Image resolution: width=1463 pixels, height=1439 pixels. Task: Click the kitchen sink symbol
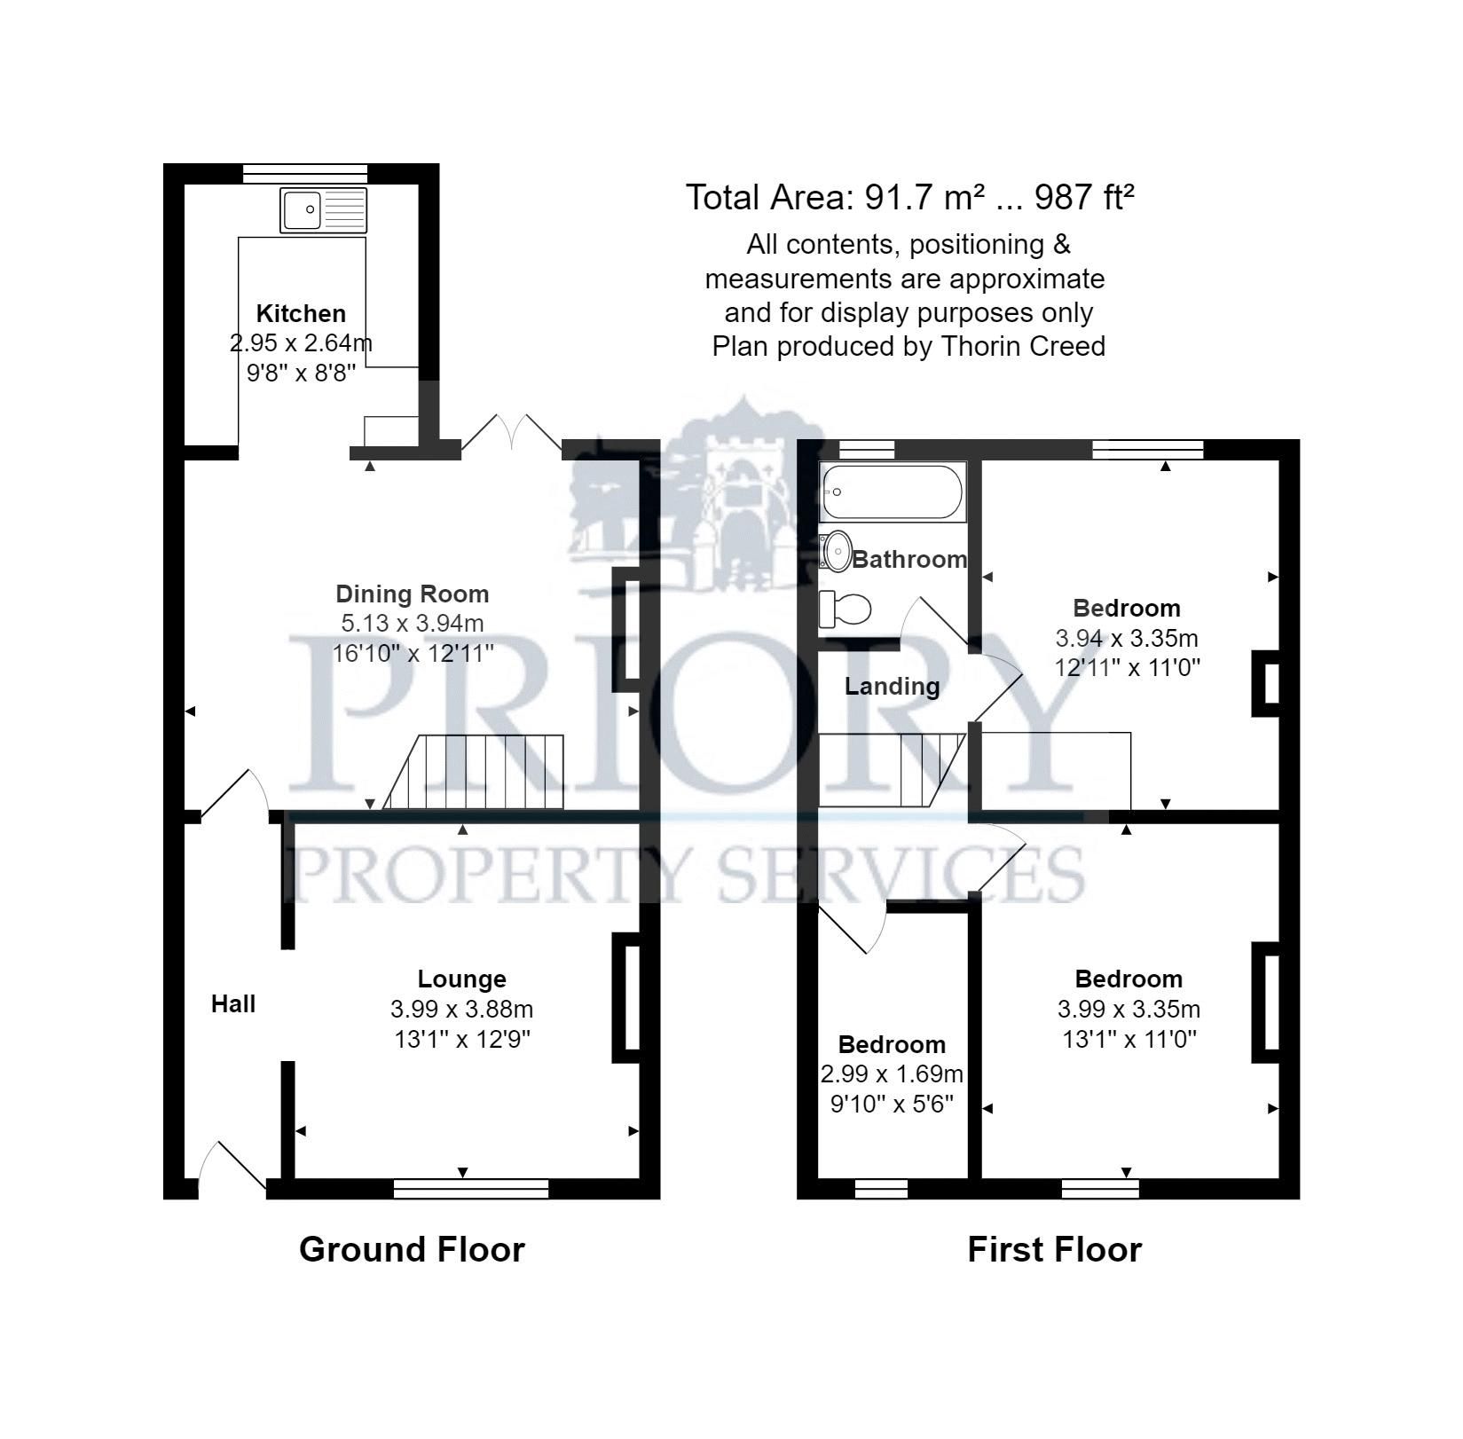pos(323,210)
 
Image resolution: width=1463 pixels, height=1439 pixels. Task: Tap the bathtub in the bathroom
pos(892,492)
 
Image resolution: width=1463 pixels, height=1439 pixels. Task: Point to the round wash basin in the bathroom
pos(836,551)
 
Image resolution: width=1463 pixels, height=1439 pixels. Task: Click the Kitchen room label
pos(301,313)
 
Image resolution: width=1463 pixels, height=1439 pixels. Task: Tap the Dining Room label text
pos(412,594)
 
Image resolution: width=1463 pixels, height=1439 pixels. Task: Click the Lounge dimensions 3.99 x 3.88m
pos(461,1009)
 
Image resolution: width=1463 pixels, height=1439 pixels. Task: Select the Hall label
pos(233,1003)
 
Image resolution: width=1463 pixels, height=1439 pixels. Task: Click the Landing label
pos(892,686)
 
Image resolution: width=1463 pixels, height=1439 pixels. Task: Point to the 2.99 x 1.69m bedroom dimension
pos(892,1074)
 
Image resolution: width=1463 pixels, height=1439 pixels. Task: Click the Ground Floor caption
pos(412,1249)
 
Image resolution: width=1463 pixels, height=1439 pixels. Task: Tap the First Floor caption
pos(1054,1249)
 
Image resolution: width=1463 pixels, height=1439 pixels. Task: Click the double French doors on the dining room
pos(512,435)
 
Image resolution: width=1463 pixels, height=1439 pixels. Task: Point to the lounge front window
pos(471,1189)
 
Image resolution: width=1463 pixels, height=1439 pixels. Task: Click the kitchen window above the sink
pos(305,174)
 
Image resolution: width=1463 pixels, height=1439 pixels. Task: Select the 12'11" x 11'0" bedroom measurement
pos(1127,667)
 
